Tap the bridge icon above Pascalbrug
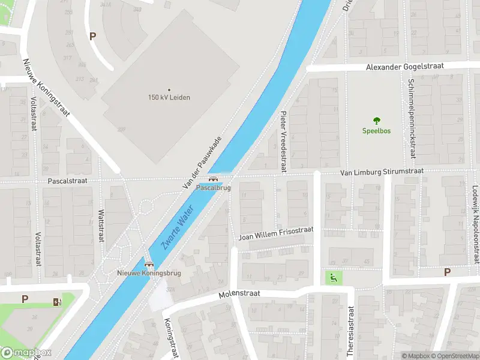212,179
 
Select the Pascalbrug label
214,188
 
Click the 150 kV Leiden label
169,97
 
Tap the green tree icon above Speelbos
376,121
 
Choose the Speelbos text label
376,130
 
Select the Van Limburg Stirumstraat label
382,172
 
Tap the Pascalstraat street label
68,180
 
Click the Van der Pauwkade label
202,164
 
